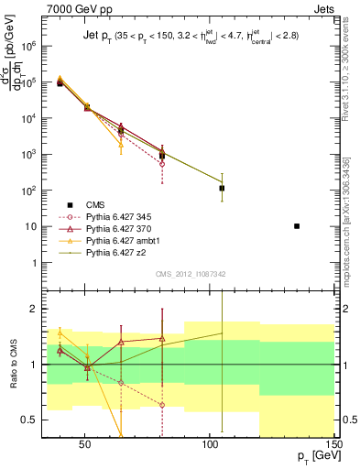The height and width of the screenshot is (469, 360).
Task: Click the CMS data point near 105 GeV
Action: pyautogui.click(x=222, y=188)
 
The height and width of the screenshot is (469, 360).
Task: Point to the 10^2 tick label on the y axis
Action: pyautogui.click(x=38, y=190)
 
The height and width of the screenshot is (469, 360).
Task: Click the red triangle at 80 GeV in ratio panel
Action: pyautogui.click(x=162, y=338)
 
